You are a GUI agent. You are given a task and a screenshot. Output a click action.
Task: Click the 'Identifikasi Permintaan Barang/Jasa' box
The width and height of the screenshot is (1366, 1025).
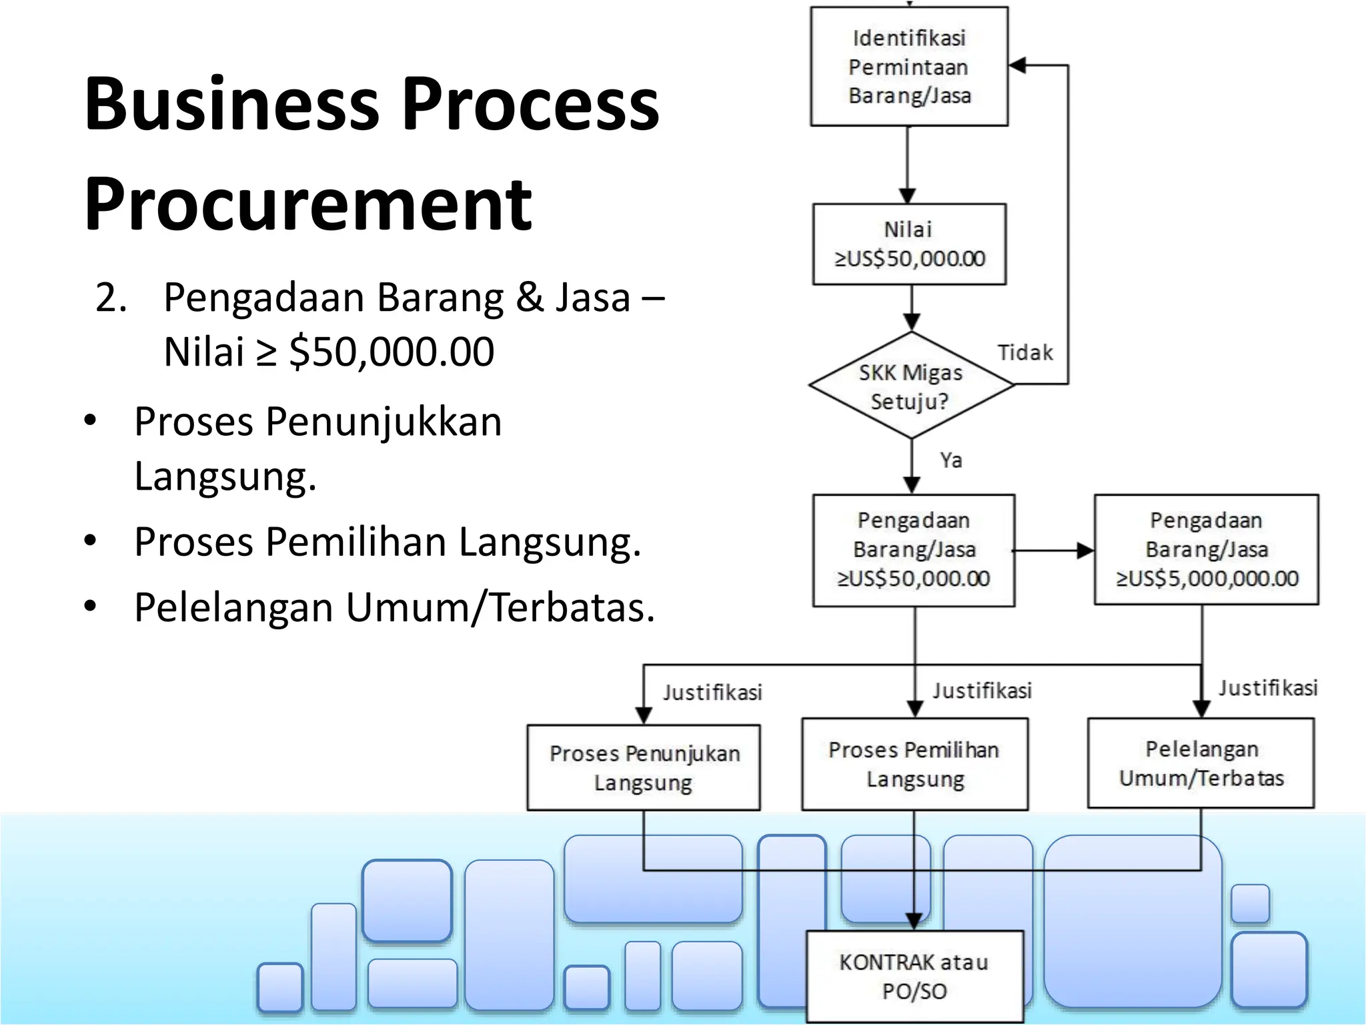pyautogui.click(x=909, y=67)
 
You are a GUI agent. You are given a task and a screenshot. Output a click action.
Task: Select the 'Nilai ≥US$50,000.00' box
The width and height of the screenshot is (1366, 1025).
pyautogui.click(x=909, y=244)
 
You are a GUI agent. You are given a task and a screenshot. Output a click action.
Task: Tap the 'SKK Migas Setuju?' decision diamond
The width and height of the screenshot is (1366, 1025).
pyautogui.click(x=911, y=386)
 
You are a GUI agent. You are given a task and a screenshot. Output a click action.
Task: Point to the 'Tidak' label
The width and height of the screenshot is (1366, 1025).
pyautogui.click(x=1025, y=352)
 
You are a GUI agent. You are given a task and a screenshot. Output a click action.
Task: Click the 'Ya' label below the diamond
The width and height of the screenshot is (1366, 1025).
pyautogui.click(x=951, y=460)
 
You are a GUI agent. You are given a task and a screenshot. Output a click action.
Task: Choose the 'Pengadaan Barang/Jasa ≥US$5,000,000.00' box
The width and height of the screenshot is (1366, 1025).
pyautogui.click(x=1206, y=549)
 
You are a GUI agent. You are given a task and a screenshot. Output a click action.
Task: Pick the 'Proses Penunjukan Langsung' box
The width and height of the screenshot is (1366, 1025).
pyautogui.click(x=644, y=767)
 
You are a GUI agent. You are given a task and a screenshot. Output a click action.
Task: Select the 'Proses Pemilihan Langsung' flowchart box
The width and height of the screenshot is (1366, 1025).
pyautogui.click(x=914, y=764)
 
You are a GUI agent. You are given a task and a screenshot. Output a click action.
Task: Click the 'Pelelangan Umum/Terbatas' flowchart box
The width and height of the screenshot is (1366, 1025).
pyautogui.click(x=1201, y=763)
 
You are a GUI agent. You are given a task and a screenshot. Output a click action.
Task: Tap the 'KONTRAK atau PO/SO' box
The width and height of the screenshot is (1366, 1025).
pyautogui.click(x=914, y=976)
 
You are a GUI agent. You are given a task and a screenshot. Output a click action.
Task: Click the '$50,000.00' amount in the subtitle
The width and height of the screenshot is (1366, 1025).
pyautogui.click(x=392, y=352)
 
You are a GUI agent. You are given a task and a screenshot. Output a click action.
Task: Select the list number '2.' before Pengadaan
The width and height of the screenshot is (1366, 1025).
pyautogui.click(x=111, y=298)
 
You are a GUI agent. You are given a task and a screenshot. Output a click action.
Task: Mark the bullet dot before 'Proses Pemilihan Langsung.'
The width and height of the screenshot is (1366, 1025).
pyautogui.click(x=91, y=540)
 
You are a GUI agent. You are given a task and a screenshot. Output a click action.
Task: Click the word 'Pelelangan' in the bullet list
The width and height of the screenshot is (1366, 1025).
pyautogui.click(x=233, y=607)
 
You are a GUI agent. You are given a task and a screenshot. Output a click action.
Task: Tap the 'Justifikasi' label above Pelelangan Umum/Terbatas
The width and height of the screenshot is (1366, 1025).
pyautogui.click(x=1268, y=688)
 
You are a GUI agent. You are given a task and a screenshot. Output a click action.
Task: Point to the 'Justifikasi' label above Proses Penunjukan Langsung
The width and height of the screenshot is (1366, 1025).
pyautogui.click(x=712, y=693)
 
